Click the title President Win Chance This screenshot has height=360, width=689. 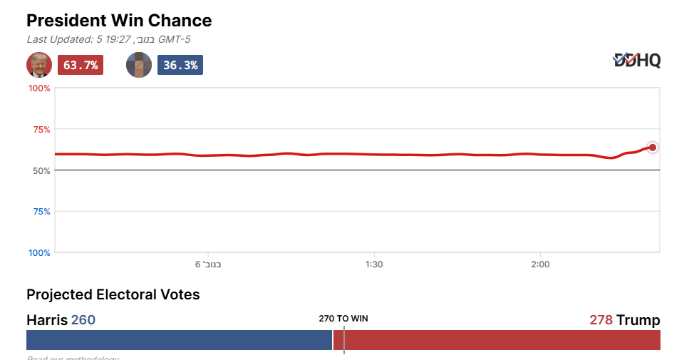(x=119, y=20)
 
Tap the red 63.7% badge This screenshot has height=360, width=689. (x=81, y=65)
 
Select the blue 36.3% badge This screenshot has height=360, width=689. (x=180, y=65)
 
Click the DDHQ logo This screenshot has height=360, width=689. (x=637, y=61)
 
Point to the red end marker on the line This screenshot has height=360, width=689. (x=652, y=148)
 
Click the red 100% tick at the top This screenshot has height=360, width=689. (x=39, y=88)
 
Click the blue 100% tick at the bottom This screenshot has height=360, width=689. (x=39, y=253)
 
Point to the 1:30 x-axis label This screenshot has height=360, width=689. (x=374, y=264)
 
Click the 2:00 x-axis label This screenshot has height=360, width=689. (x=540, y=264)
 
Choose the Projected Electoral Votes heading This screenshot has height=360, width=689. (x=113, y=294)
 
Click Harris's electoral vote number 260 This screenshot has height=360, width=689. (x=83, y=320)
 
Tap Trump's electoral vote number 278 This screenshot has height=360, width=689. (x=601, y=320)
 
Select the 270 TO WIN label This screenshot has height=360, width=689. (x=343, y=319)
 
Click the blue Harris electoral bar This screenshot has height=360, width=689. (x=179, y=340)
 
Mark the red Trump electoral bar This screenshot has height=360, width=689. (x=499, y=340)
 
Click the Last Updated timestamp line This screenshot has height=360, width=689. (x=108, y=40)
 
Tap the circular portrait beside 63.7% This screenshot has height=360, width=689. (x=39, y=65)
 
